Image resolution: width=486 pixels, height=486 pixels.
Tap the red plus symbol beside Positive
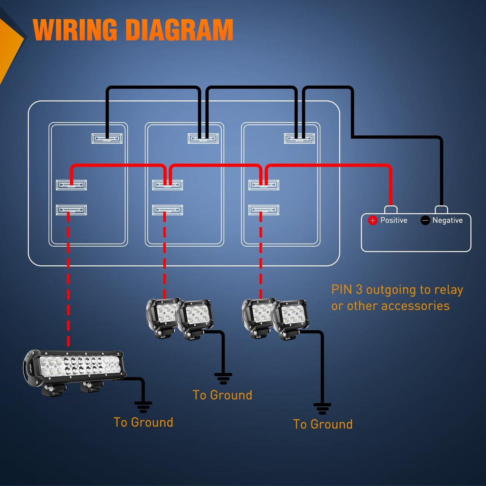click(373, 220)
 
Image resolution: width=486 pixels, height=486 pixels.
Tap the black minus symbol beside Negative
click(425, 220)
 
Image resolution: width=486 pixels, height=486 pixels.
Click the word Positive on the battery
click(394, 220)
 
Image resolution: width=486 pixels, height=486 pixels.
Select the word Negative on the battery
click(447, 220)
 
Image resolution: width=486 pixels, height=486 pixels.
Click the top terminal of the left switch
click(107, 139)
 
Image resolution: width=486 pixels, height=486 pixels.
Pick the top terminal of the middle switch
click(203, 139)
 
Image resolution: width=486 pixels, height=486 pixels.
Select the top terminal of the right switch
click(299, 139)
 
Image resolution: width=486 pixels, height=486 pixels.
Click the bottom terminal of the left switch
click(71, 210)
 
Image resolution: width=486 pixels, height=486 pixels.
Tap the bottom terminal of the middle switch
click(167, 210)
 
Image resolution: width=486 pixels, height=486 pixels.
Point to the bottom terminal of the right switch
click(263, 210)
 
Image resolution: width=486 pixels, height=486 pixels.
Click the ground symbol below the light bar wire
click(143, 407)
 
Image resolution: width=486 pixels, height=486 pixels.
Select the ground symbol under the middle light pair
click(223, 378)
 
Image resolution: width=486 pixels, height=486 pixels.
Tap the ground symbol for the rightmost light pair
click(322, 409)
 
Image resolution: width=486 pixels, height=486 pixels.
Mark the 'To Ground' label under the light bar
click(143, 422)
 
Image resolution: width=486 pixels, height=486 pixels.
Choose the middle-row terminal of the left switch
click(71, 185)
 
